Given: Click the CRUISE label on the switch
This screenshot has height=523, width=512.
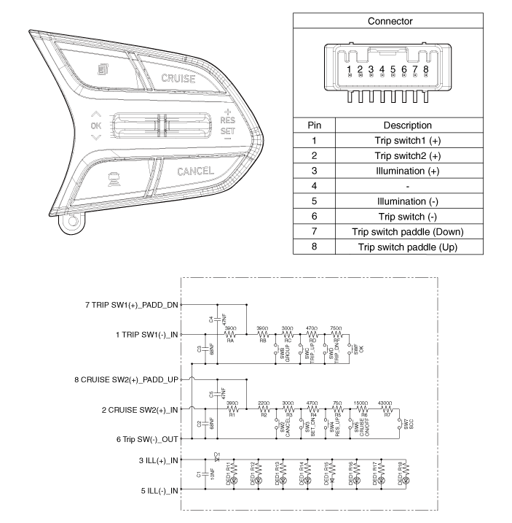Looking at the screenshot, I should tap(178, 77).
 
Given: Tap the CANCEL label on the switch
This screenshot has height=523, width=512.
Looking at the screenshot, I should tap(195, 171).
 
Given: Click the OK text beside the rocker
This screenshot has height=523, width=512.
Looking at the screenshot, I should tap(97, 125).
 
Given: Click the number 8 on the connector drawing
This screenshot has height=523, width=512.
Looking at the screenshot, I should tap(425, 70).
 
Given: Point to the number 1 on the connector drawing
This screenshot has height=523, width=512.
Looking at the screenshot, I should tap(350, 70).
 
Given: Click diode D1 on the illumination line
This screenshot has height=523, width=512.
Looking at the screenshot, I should tap(216, 460).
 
